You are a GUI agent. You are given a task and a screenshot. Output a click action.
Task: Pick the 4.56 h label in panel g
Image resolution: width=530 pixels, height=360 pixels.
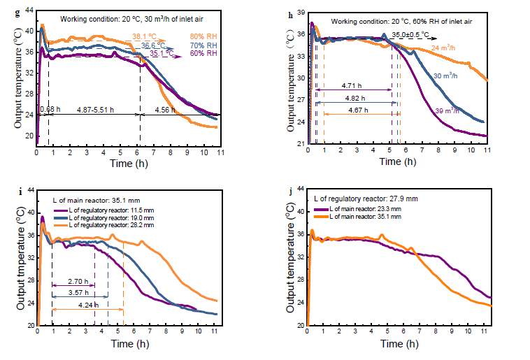(165, 109)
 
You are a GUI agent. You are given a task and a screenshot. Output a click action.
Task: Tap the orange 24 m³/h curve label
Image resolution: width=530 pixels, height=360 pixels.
(443, 48)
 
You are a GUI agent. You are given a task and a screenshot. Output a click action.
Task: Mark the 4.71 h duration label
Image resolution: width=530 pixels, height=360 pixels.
(353, 85)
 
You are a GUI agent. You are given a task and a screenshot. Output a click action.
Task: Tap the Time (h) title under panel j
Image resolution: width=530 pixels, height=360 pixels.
(399, 345)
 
